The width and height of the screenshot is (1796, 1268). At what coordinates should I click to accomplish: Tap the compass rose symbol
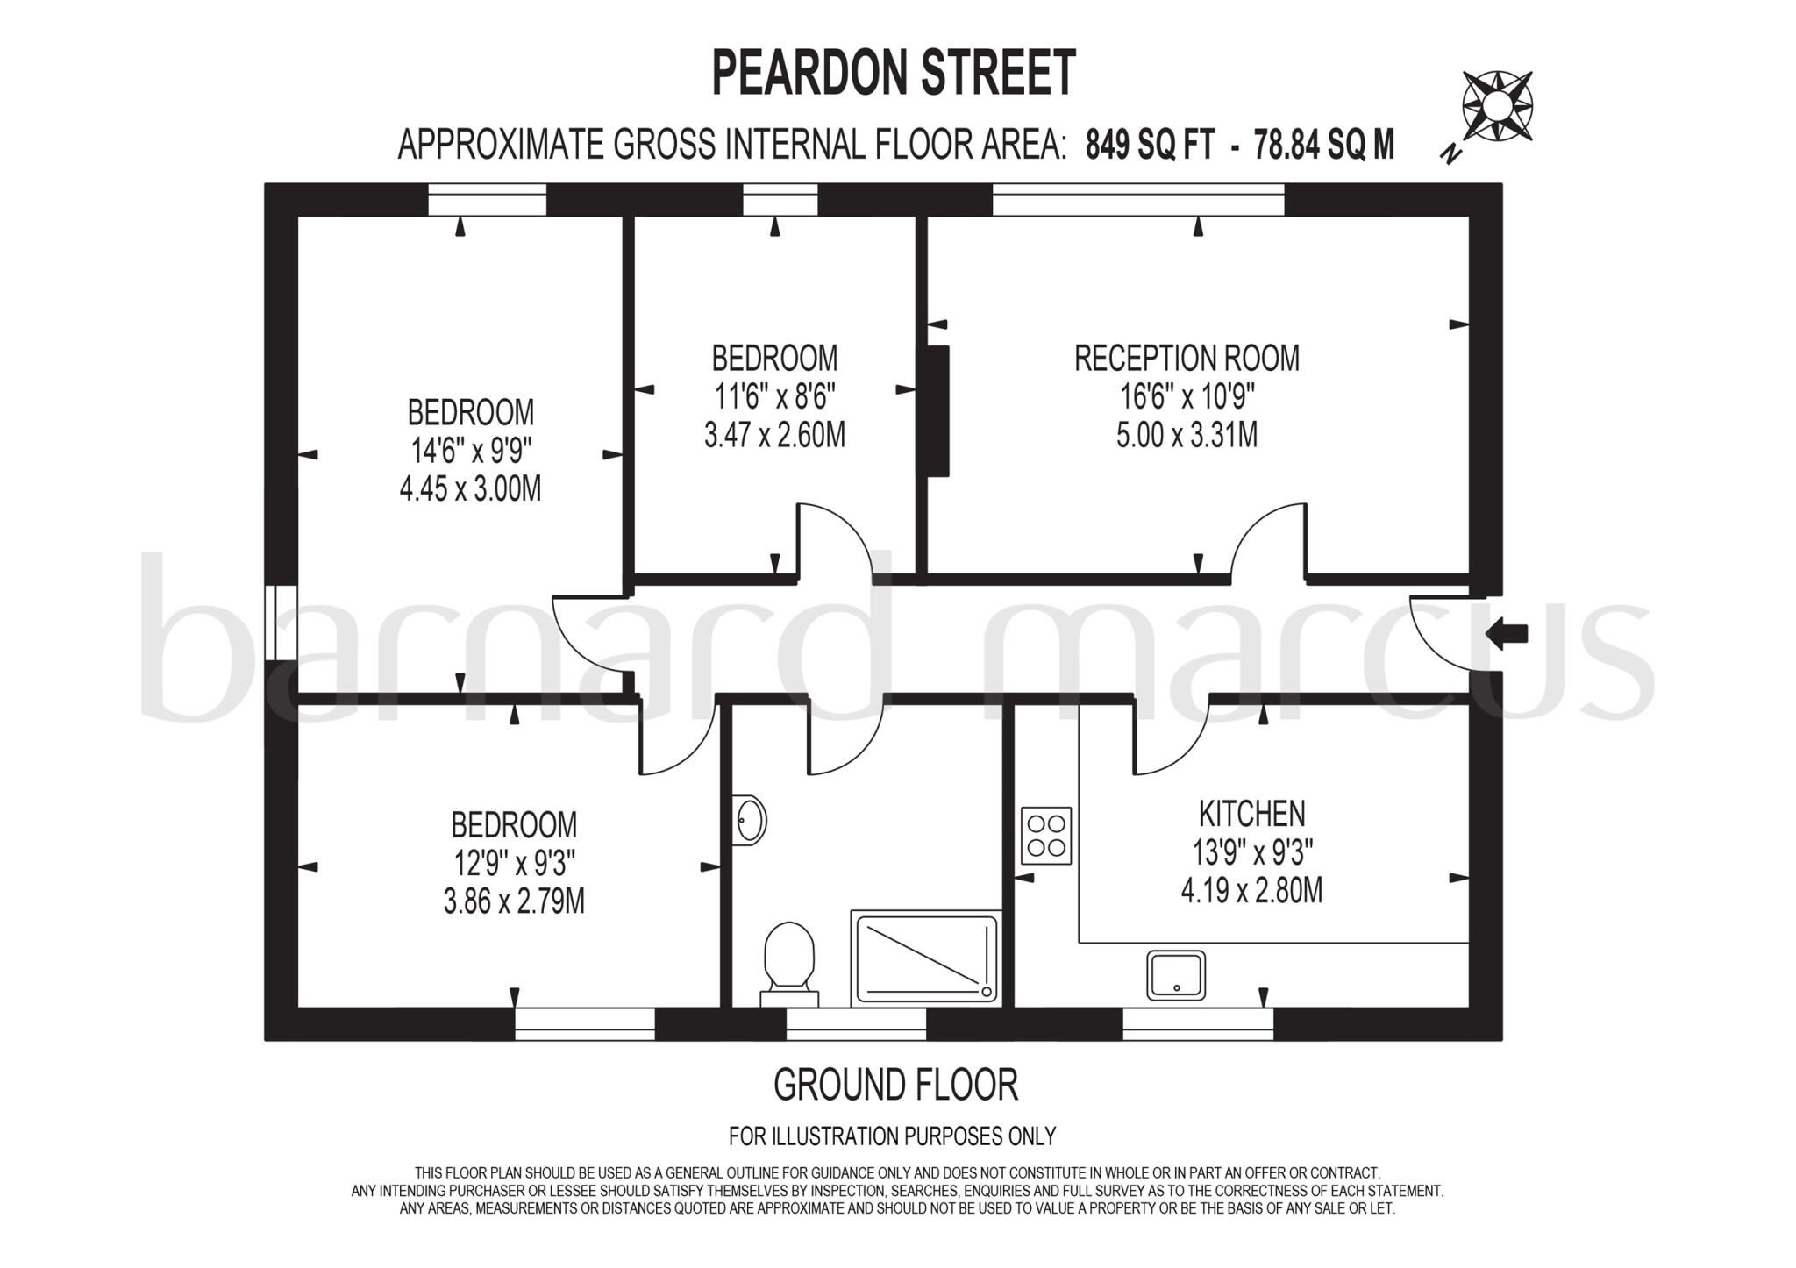click(1497, 107)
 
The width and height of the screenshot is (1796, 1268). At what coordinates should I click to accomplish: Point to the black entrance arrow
click(1507, 632)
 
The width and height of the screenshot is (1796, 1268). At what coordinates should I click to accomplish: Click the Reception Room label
click(1187, 359)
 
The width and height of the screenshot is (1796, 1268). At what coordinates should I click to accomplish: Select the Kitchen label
click(1251, 814)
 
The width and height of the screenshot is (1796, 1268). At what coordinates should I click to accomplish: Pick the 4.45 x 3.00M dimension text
click(470, 488)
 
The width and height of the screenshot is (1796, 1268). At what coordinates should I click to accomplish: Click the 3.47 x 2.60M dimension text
click(774, 435)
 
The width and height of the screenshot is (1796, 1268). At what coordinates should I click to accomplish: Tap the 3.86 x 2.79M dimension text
click(514, 901)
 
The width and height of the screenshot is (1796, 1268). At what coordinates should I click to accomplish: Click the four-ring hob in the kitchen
click(1046, 835)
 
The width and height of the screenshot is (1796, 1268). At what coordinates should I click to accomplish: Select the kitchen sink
click(1175, 974)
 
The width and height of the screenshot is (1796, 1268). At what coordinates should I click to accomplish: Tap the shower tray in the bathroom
click(926, 957)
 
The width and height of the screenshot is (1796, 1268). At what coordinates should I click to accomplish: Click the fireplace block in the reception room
click(937, 411)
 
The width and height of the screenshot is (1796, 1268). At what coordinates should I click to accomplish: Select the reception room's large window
click(1138, 200)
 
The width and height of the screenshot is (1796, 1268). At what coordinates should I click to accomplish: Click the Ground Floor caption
click(895, 1085)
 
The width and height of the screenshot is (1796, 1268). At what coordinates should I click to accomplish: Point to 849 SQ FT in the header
click(1150, 145)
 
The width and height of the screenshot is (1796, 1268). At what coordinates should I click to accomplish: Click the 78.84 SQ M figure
click(1323, 145)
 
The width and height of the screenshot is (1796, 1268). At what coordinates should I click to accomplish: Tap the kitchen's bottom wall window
click(1198, 1023)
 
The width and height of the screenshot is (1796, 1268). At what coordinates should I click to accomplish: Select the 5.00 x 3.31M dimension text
click(1187, 435)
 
